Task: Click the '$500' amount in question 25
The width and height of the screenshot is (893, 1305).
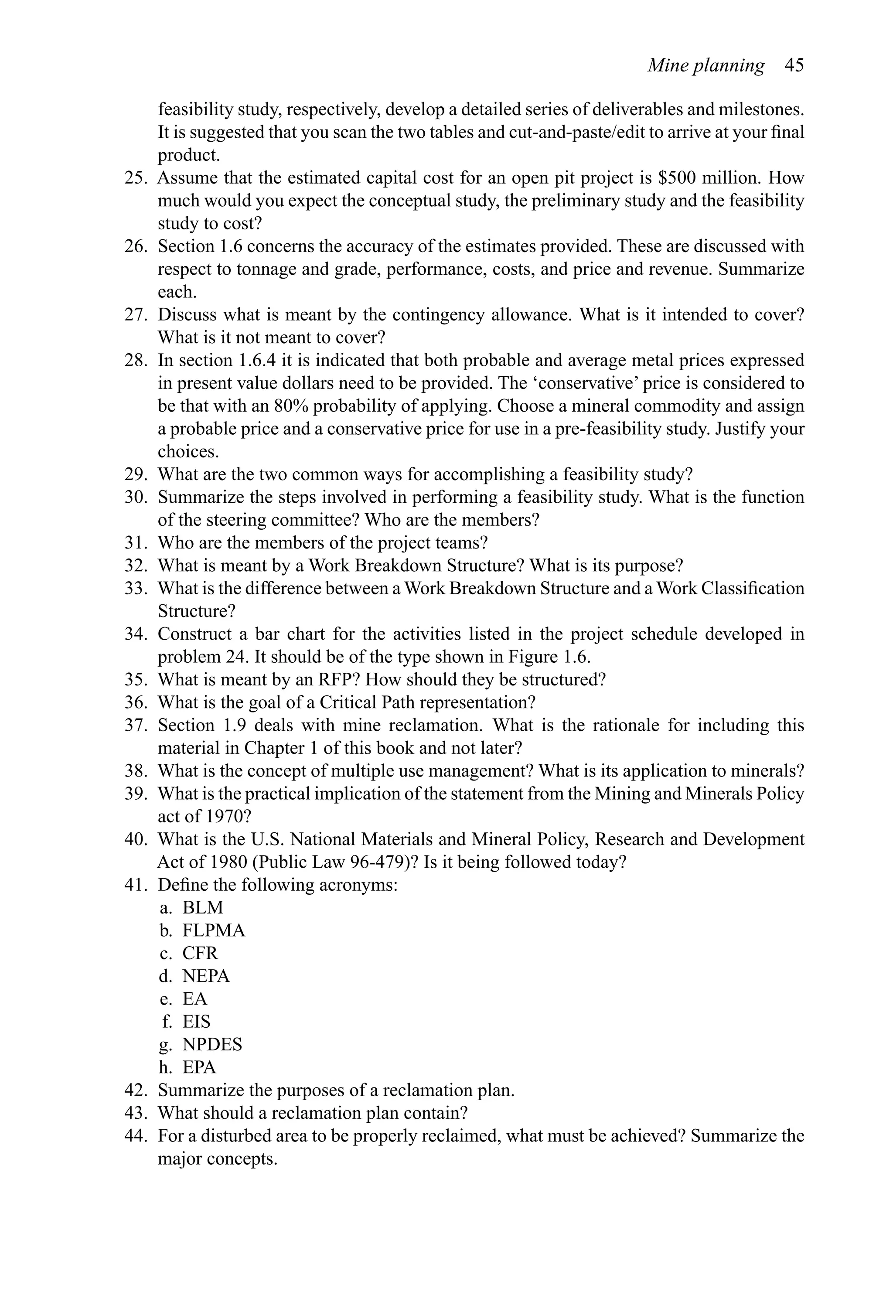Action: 677,178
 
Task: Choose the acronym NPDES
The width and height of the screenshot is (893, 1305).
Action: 212,1044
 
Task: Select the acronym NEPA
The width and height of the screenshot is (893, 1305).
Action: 206,976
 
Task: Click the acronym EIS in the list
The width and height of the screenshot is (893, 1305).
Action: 196,1022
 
